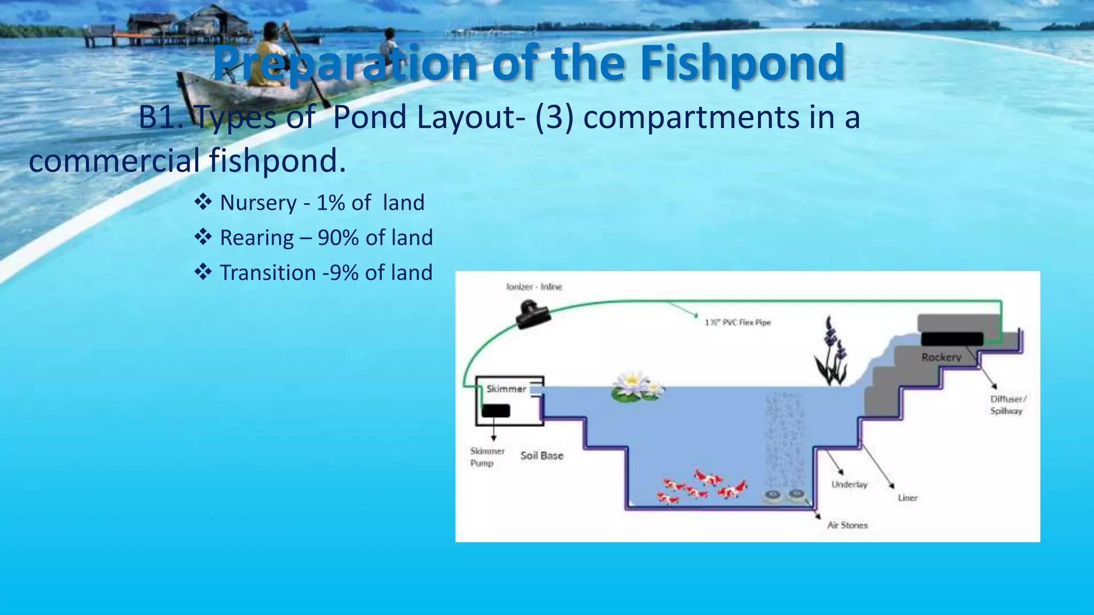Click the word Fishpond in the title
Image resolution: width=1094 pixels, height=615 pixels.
click(x=742, y=64)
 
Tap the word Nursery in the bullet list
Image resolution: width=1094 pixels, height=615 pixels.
click(x=258, y=203)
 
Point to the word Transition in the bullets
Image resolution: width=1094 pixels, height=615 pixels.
click(x=268, y=273)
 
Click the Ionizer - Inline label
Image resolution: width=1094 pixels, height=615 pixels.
click(x=534, y=287)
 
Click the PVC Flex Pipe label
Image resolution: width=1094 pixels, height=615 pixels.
click(x=738, y=322)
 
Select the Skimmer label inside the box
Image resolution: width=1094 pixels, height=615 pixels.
click(x=506, y=389)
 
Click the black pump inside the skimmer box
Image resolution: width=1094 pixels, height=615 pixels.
click(x=496, y=411)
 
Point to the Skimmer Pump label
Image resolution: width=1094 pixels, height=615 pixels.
click(x=487, y=457)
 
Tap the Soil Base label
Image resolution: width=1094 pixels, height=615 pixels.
click(x=542, y=455)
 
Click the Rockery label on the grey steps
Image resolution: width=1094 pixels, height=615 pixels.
click(x=941, y=357)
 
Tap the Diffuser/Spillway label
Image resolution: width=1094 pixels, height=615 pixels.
click(x=1007, y=405)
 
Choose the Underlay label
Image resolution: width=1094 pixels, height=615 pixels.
click(x=849, y=484)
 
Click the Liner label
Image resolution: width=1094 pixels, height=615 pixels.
click(x=907, y=498)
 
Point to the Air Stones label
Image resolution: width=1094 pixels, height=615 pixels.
click(x=847, y=525)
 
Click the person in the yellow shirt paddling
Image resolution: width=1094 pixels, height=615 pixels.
click(x=268, y=56)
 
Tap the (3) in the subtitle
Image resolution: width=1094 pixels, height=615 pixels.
click(x=554, y=117)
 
